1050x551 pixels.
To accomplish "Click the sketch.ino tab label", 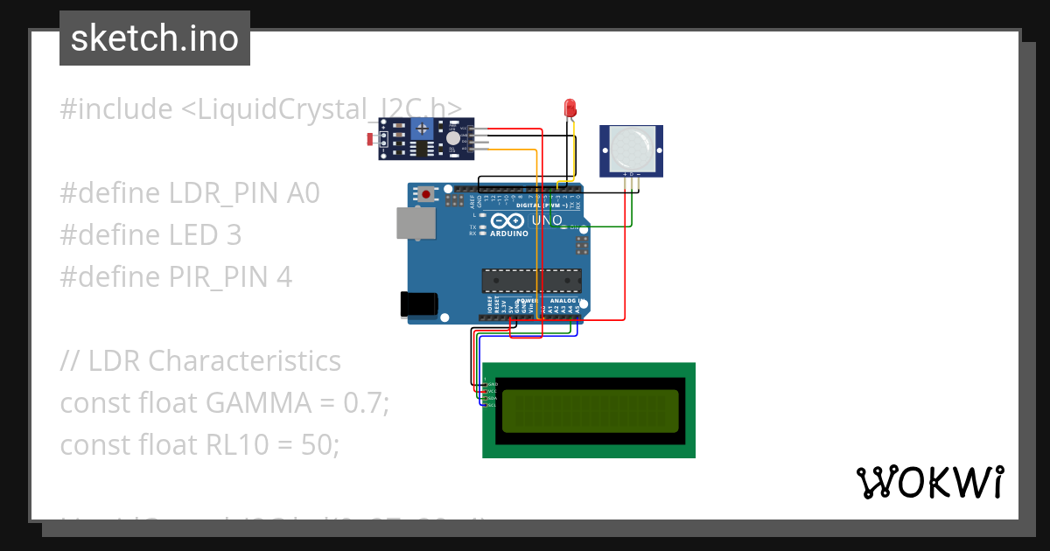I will point(154,38).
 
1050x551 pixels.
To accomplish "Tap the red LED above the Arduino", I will point(570,108).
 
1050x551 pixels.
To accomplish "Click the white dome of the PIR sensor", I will point(630,148).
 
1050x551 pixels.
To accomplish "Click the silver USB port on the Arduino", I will point(412,223).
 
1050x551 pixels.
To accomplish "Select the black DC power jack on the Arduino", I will point(418,303).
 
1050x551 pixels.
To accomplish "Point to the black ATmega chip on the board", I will point(532,281).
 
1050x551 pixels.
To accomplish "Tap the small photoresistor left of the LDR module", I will point(372,139).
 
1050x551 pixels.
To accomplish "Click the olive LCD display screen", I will point(589,410).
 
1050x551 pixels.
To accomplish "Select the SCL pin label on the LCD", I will point(492,405).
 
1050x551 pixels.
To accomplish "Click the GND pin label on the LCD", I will point(492,384).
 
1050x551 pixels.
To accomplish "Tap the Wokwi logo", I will point(929,482).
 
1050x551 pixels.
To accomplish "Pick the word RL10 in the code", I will point(241,445).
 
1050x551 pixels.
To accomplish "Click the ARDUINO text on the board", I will point(509,234).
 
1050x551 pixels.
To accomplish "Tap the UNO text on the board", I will point(547,220).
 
